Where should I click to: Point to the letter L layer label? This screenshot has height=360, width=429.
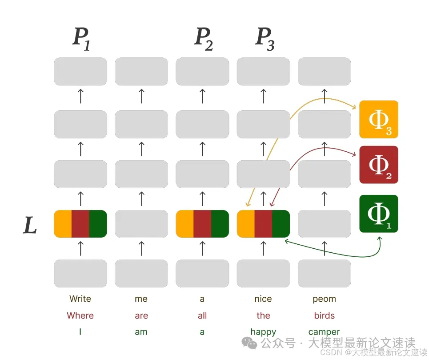pyautogui.click(x=30, y=225)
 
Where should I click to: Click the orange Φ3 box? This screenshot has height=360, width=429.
pyautogui.click(x=378, y=119)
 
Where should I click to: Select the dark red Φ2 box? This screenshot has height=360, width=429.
pyautogui.click(x=378, y=165)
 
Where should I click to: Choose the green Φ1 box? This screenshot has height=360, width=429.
pyautogui.click(x=378, y=214)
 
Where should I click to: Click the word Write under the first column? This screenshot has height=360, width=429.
pyautogui.click(x=80, y=299)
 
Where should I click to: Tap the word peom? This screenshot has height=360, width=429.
pyautogui.click(x=324, y=299)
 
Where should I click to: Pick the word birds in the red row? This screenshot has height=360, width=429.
pyautogui.click(x=324, y=316)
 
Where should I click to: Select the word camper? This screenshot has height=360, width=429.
pyautogui.click(x=324, y=332)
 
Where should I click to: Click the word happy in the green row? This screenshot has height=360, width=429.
pyautogui.click(x=263, y=332)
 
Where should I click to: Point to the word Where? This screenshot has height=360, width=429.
pyautogui.click(x=80, y=316)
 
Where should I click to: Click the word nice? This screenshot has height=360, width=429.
pyautogui.click(x=263, y=299)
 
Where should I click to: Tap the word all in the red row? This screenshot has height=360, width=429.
pyautogui.click(x=202, y=316)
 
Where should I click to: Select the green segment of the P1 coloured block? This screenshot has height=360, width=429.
pyautogui.click(x=98, y=224)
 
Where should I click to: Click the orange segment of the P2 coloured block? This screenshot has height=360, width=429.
pyautogui.click(x=184, y=224)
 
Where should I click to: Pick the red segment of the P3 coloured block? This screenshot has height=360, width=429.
pyautogui.click(x=263, y=224)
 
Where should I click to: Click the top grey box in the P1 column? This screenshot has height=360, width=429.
pyautogui.click(x=80, y=71)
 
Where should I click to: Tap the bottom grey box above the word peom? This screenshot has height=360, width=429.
pyautogui.click(x=324, y=273)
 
